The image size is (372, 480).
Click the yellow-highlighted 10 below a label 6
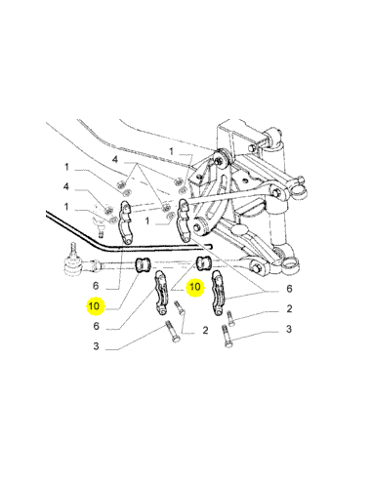pyautogui.click(x=95, y=306)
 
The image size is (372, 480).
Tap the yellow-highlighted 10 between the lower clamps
pyautogui.click(x=195, y=287)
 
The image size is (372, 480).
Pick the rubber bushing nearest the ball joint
pyautogui.click(x=144, y=263)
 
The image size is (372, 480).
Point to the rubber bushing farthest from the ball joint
pyautogui.click(x=204, y=262)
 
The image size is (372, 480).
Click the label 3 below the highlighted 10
pyautogui.click(x=96, y=346)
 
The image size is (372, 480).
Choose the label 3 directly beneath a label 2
pyautogui.click(x=289, y=329)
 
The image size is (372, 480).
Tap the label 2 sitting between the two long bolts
pyautogui.click(x=205, y=331)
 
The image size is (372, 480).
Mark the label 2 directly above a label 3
pyautogui.click(x=289, y=308)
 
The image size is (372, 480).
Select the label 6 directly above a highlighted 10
pyautogui.click(x=96, y=286)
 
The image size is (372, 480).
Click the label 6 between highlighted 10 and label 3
pyautogui.click(x=96, y=326)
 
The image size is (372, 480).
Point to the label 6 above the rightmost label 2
pyautogui.click(x=289, y=289)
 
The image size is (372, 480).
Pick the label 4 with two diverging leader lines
pyautogui.click(x=115, y=160)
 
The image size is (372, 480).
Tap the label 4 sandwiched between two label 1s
pyautogui.click(x=66, y=187)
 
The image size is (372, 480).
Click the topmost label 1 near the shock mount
pyautogui.click(x=171, y=151)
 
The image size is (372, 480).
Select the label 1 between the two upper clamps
pyautogui.click(x=147, y=221)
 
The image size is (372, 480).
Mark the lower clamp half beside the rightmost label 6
pyautogui.click(x=218, y=294)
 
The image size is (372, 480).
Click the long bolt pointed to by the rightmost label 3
pyautogui.click(x=227, y=337)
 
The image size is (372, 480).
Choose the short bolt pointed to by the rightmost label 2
pyautogui.click(x=229, y=318)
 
